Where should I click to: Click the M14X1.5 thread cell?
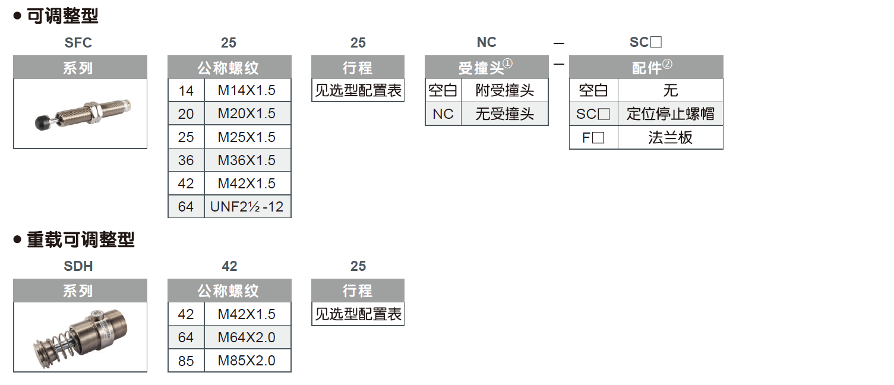(247, 90)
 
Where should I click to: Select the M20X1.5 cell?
(247, 113)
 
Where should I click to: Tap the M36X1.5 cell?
(247, 160)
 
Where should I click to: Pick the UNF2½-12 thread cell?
(247, 207)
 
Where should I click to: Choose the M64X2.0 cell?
(247, 337)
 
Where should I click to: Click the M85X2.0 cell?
(247, 361)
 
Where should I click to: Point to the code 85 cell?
(186, 361)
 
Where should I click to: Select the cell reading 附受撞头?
(504, 90)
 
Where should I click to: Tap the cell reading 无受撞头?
(504, 113)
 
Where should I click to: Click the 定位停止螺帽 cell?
(670, 113)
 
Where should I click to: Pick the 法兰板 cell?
(670, 137)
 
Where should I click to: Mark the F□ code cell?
(593, 137)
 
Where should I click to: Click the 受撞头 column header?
(486, 67)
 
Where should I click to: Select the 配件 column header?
(646, 67)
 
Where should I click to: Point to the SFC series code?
(78, 43)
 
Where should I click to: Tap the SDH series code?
(78, 266)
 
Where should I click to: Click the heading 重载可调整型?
(81, 240)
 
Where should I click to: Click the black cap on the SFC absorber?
(43, 122)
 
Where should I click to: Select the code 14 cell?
(186, 90)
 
